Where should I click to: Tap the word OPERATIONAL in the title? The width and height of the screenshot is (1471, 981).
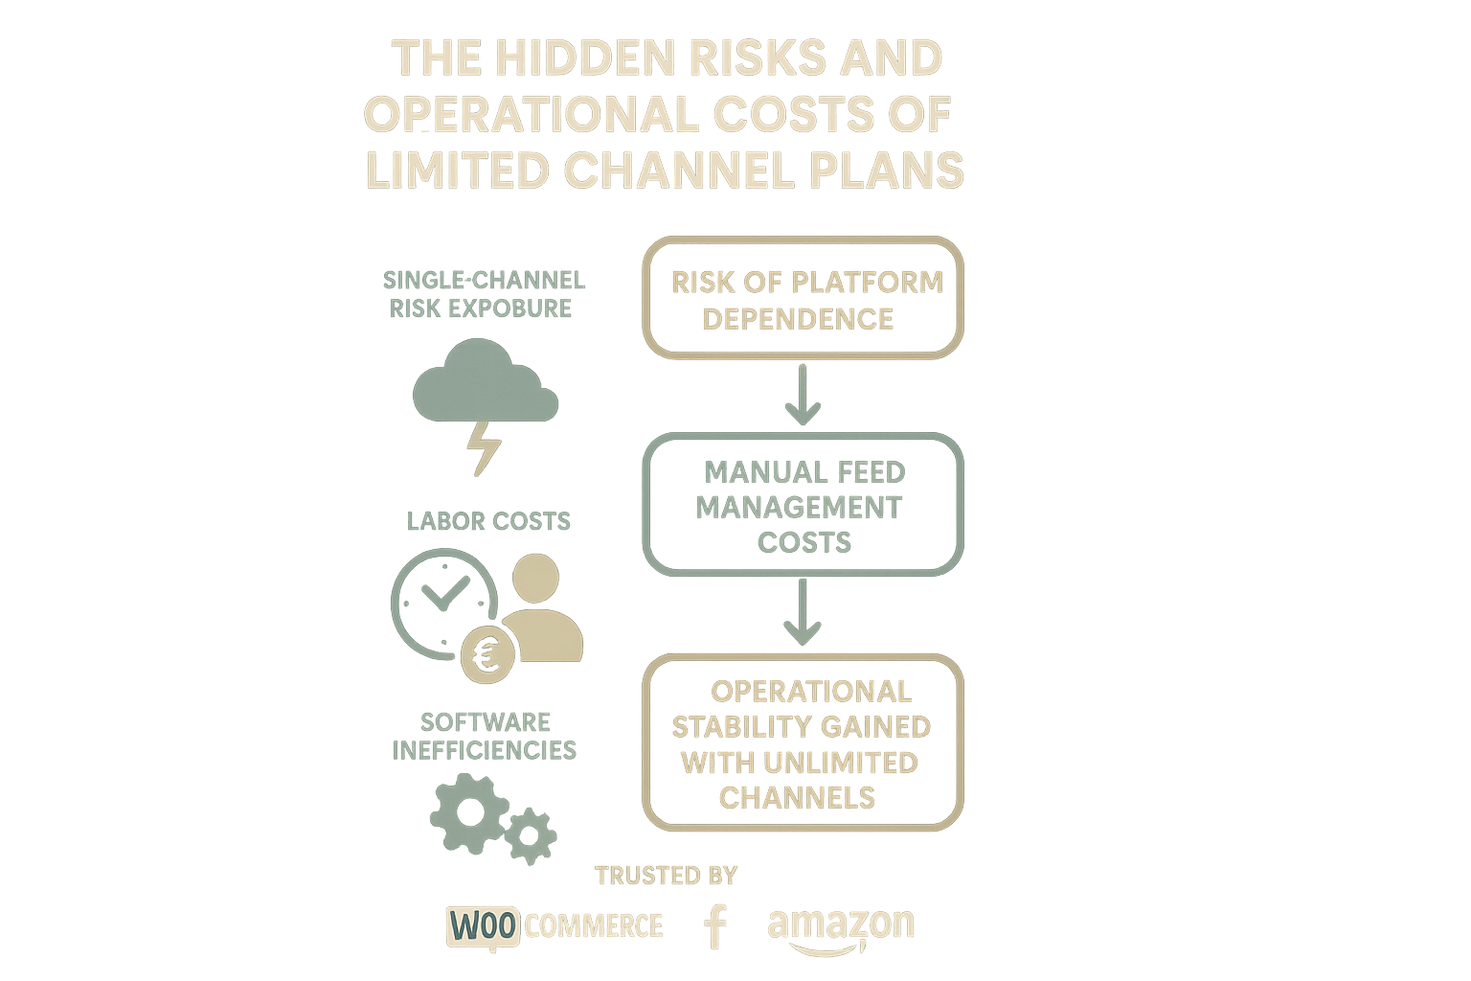523,115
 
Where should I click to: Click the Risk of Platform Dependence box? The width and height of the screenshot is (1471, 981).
803,299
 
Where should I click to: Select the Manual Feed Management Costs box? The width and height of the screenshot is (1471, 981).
803,506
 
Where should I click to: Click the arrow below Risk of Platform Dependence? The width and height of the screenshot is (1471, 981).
803,395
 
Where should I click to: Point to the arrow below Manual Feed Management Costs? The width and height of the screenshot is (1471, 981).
803,613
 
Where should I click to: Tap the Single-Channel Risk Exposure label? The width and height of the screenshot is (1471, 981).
483,294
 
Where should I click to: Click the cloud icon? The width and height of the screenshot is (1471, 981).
485,389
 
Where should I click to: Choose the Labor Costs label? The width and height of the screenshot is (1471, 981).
488,521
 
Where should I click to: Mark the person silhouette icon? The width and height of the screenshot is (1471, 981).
539,611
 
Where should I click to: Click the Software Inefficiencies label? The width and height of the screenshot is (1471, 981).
485,735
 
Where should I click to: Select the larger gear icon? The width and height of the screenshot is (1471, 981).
469,812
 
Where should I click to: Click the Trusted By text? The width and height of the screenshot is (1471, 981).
666,876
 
